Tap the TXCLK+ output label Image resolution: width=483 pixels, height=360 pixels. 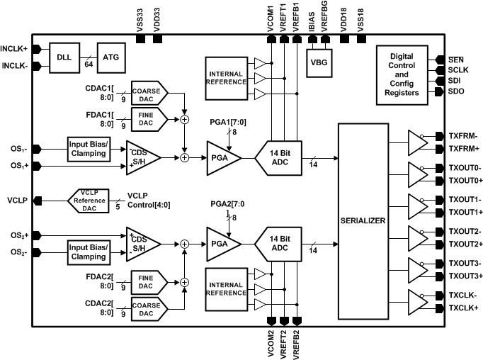click(463, 308)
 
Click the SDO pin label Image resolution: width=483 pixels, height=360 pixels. click(458, 92)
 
